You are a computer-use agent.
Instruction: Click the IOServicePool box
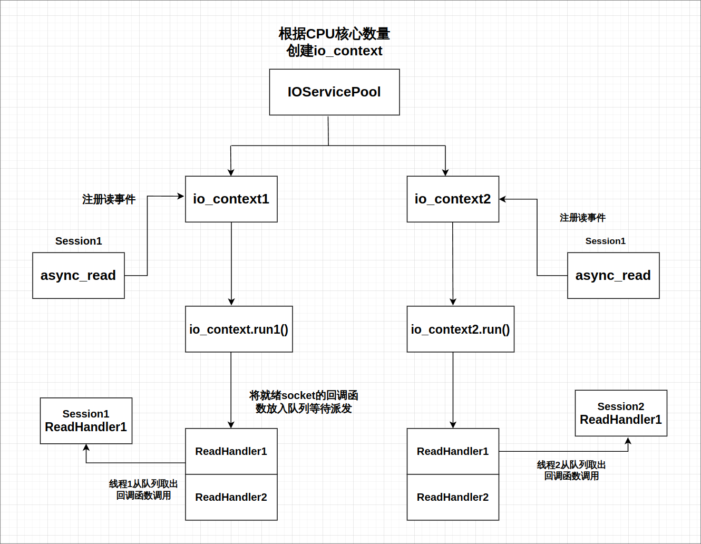tap(334, 92)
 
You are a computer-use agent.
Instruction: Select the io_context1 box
tap(231, 199)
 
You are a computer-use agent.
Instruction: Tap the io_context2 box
tap(453, 199)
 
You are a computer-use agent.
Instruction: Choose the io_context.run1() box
tap(239, 329)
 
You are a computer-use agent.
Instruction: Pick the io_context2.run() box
tap(460, 329)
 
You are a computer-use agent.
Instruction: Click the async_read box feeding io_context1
tap(78, 275)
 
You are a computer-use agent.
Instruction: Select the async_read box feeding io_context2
tap(613, 275)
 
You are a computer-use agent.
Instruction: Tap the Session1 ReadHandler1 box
tap(86, 421)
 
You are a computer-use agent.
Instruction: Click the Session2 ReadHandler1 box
tap(621, 413)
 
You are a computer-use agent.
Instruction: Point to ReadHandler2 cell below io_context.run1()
tap(231, 497)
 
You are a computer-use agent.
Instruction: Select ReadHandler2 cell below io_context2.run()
tap(453, 497)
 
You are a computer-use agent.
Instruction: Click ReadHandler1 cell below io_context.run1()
tap(231, 451)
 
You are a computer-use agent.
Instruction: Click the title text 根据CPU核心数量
tap(334, 34)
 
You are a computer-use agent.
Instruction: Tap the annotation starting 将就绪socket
tap(304, 402)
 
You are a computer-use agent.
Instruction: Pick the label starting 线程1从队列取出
tap(143, 489)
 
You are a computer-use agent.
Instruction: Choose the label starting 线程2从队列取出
tap(571, 470)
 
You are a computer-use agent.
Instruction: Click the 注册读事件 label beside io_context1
tap(109, 199)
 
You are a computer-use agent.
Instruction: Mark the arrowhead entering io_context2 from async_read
tap(503, 199)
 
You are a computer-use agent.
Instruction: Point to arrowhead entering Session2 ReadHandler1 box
tap(628, 441)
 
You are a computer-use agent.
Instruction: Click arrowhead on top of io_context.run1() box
tap(231, 302)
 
